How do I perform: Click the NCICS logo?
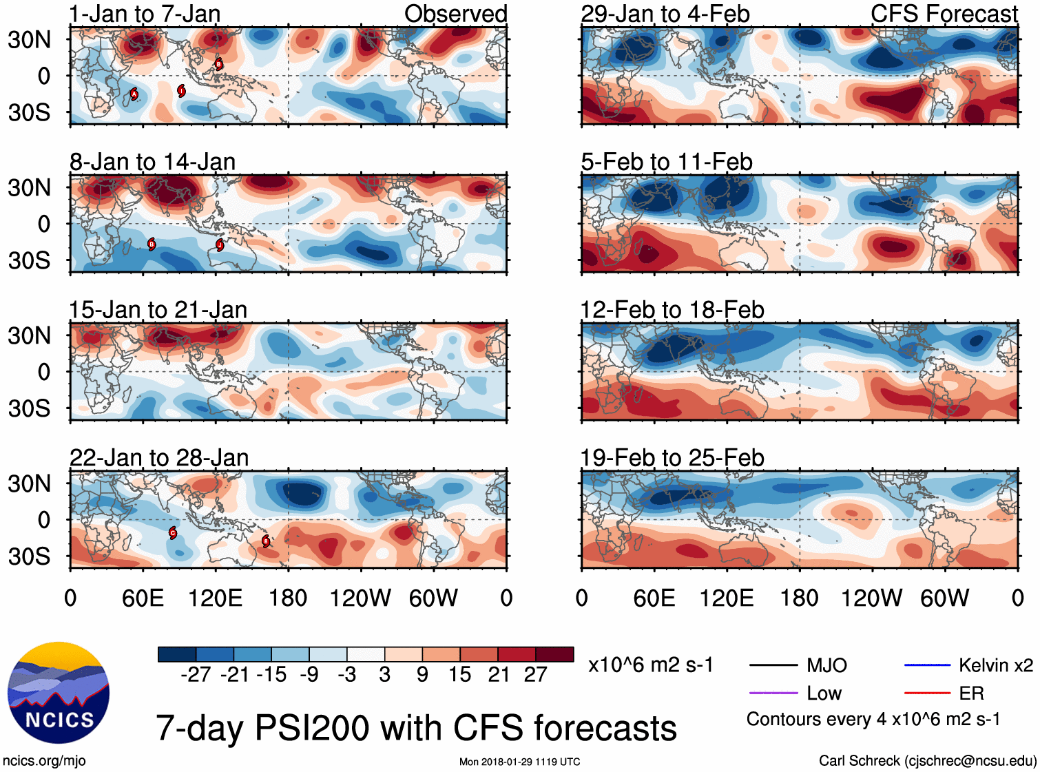pyautogui.click(x=59, y=693)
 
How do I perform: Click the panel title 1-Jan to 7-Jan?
pyautogui.click(x=145, y=14)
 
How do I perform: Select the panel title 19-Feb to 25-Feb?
pyautogui.click(x=672, y=458)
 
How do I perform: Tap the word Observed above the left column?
pyautogui.click(x=455, y=14)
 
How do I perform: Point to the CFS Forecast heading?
pyautogui.click(x=944, y=14)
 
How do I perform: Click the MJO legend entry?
pyautogui.click(x=826, y=665)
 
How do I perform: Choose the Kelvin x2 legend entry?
pyautogui.click(x=995, y=665)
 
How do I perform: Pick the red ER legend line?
pyautogui.click(x=927, y=693)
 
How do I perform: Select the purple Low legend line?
pyautogui.click(x=773, y=693)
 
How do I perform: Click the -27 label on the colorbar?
pyautogui.click(x=196, y=675)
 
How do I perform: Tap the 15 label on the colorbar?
pyautogui.click(x=459, y=675)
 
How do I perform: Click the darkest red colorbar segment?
pyautogui.click(x=554, y=654)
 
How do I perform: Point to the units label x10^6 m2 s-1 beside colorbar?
pyautogui.click(x=650, y=665)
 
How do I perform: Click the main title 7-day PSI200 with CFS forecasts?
pyautogui.click(x=416, y=728)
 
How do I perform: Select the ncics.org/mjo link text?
pyautogui.click(x=44, y=761)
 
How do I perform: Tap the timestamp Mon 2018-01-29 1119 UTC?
pyautogui.click(x=519, y=762)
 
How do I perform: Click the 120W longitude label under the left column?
pyautogui.click(x=360, y=598)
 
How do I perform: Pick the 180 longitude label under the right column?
pyautogui.click(x=799, y=598)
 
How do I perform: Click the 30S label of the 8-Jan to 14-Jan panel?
pyautogui.click(x=29, y=260)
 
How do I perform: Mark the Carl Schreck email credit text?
pyautogui.click(x=927, y=761)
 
